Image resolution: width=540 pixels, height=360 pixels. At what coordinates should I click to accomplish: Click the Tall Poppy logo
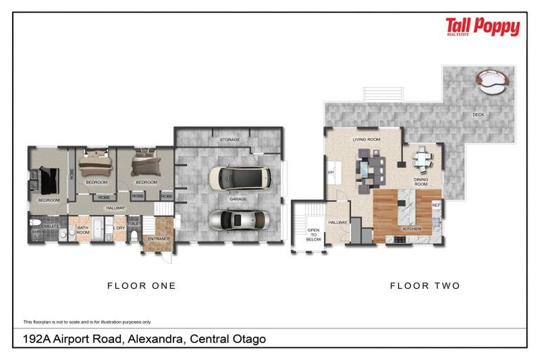(x=482, y=28)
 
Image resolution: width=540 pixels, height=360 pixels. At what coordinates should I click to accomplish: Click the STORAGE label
(x=229, y=140)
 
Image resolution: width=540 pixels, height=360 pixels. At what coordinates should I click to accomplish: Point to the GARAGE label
(x=238, y=199)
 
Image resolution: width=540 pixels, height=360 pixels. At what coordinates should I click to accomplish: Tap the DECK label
(x=478, y=115)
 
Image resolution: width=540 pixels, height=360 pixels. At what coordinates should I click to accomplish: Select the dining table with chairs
(x=423, y=160)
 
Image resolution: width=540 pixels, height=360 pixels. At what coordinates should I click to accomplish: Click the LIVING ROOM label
(x=366, y=140)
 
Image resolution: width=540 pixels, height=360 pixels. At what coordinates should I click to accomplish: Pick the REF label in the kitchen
(x=436, y=205)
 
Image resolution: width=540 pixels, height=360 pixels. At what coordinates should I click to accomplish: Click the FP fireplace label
(x=330, y=172)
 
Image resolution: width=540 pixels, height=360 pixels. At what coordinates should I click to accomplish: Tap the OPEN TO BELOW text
(x=313, y=235)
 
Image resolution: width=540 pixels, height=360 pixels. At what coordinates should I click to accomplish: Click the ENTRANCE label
(x=158, y=239)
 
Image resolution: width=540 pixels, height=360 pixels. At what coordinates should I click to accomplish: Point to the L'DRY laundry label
(x=119, y=227)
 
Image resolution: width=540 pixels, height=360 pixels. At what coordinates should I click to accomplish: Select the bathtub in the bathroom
(x=98, y=230)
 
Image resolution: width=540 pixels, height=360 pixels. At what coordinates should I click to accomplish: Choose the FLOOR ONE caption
(x=141, y=285)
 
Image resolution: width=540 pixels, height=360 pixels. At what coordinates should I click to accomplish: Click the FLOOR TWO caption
(x=425, y=285)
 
